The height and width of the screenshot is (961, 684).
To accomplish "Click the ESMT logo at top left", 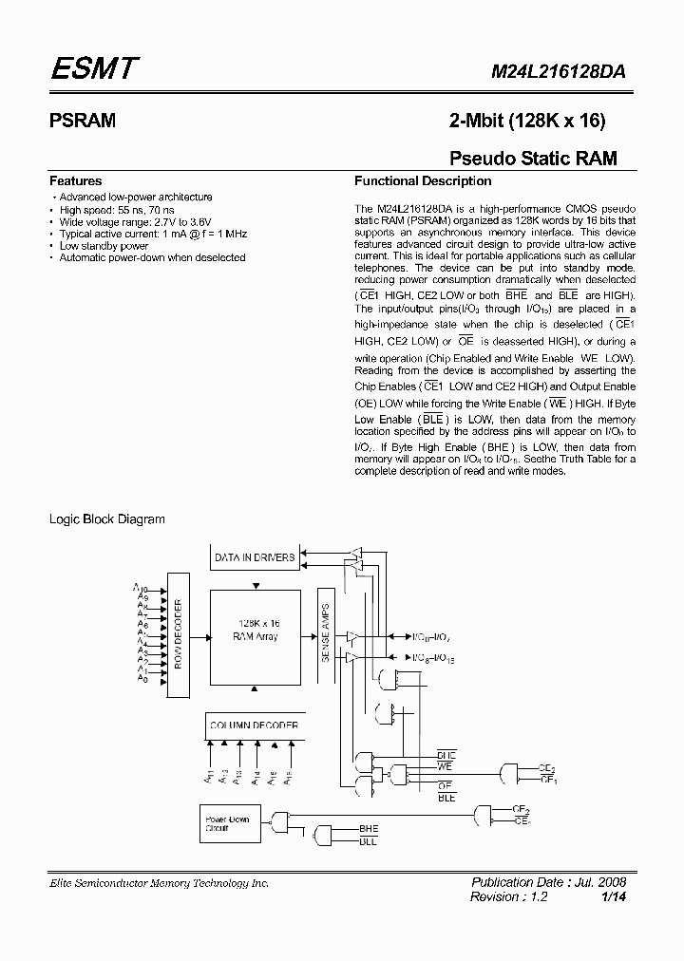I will (94, 68).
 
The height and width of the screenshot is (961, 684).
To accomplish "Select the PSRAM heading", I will (83, 121).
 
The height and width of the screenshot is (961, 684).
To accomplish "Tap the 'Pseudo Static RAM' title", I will (532, 158).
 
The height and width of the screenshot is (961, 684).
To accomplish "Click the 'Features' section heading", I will (76, 180).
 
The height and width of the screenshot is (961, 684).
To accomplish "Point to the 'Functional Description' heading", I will (423, 180).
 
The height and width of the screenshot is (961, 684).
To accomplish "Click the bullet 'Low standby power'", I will (104, 246).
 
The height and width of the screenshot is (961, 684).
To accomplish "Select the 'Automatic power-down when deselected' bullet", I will (152, 257).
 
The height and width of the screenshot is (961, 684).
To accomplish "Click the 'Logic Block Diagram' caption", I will (107, 518).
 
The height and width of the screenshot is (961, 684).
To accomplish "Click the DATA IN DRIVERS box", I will (255, 557).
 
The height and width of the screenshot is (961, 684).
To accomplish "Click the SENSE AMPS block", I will (325, 632).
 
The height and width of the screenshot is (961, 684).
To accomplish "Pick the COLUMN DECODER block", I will (255, 725).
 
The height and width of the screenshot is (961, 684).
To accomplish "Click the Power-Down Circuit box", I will (226, 821).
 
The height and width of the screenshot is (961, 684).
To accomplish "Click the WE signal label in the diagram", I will (446, 765).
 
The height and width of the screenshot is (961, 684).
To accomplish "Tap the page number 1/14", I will (614, 897).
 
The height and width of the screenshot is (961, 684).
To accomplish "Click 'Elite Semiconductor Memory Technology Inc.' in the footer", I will (160, 883).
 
